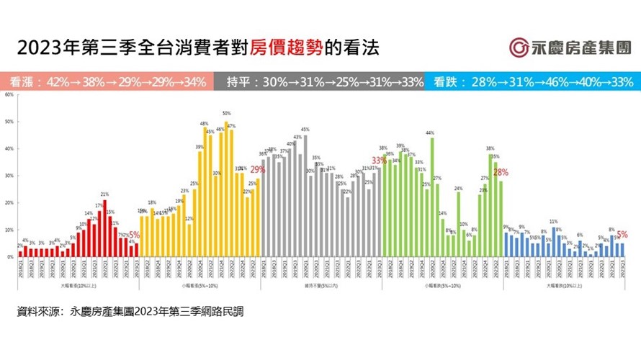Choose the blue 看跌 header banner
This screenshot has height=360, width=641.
(x=533, y=81)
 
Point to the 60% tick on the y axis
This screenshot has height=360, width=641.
(x=8, y=95)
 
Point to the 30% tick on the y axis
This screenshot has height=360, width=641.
(x=8, y=176)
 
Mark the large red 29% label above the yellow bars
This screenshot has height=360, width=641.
(x=257, y=170)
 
